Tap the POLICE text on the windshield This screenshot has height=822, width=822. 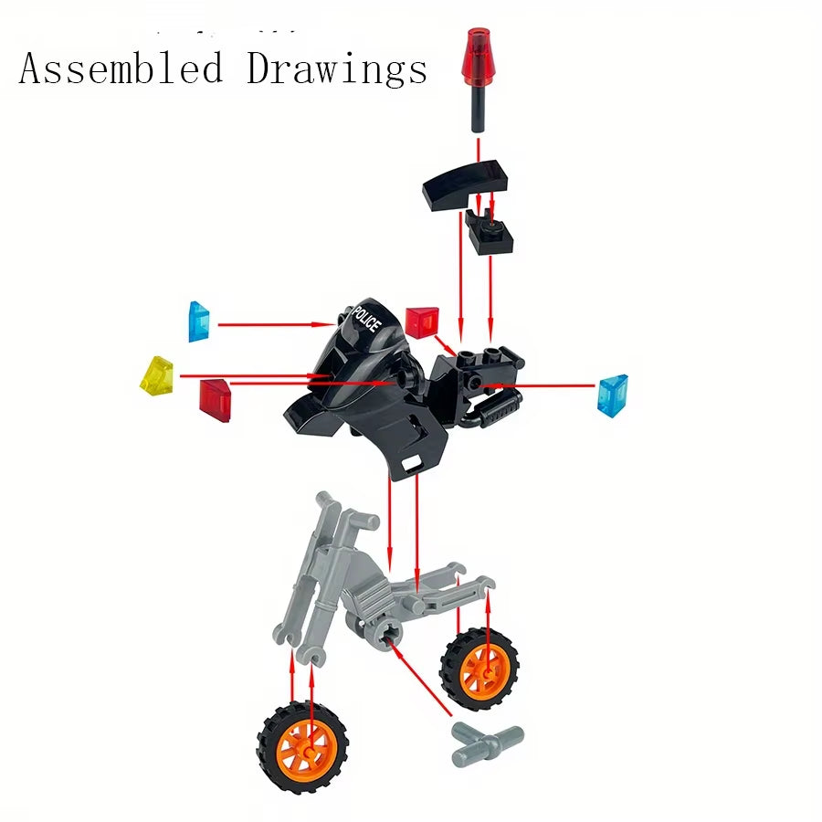coord(367,319)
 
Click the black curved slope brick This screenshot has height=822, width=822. coord(463,182)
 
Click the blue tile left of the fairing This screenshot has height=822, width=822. coord(199,321)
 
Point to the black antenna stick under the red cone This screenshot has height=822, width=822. coord(477,106)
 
